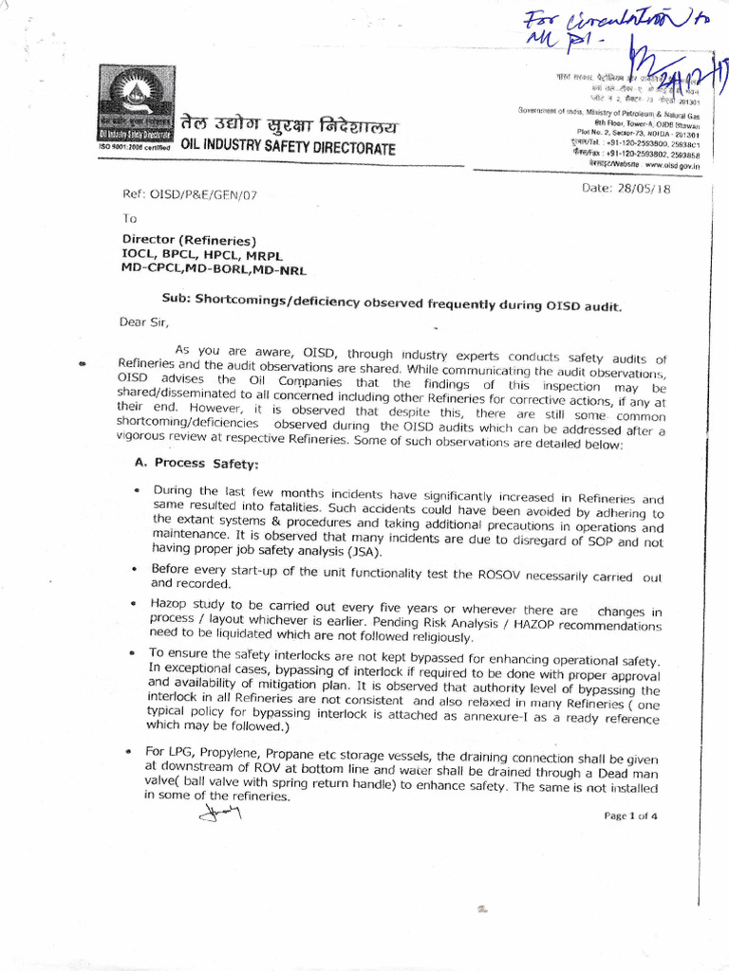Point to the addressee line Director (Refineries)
coord(189,240)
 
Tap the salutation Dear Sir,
coord(143,321)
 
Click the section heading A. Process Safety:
coord(196,463)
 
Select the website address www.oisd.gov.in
coord(672,164)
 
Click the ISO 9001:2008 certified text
coord(133,147)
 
